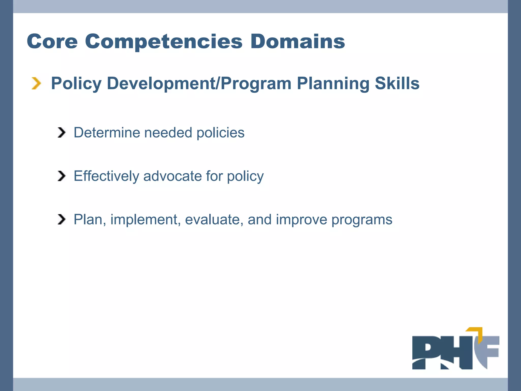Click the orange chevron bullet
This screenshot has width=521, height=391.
click(36, 83)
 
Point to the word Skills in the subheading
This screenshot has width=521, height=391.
click(397, 83)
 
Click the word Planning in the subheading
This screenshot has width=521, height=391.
click(333, 83)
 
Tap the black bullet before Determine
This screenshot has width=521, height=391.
click(62, 133)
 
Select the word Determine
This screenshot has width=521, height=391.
click(107, 133)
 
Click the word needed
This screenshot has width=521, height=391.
click(168, 133)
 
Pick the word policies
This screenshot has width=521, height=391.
click(220, 133)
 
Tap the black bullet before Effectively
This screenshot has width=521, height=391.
click(62, 176)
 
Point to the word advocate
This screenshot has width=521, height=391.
click(172, 176)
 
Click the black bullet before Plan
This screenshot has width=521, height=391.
click(62, 219)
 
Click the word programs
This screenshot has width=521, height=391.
click(362, 219)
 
